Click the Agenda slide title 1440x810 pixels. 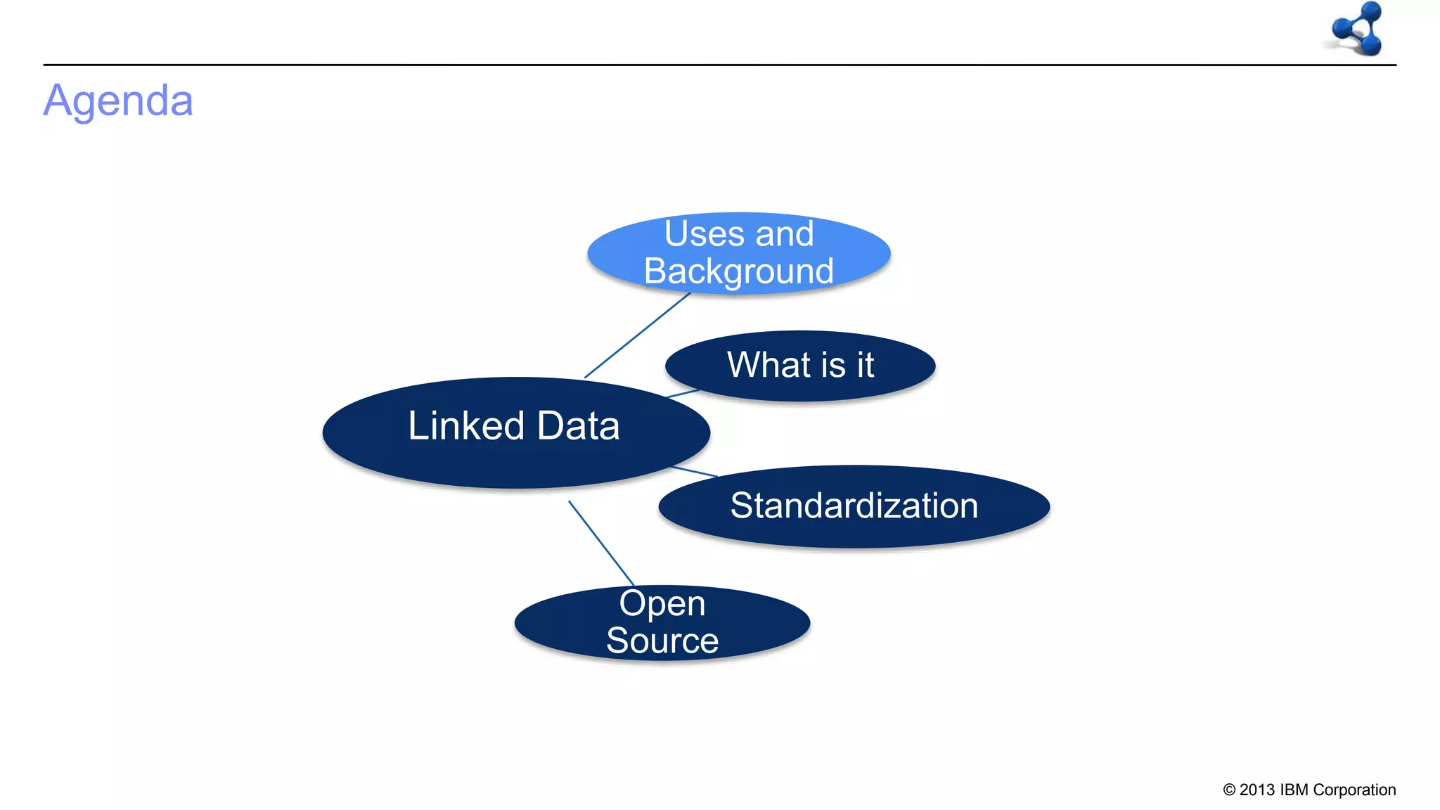coord(118,101)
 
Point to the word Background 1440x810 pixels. coord(738,271)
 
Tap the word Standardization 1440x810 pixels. coord(854,506)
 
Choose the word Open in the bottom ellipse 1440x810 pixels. coord(662,603)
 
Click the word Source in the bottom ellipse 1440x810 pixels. coord(662,641)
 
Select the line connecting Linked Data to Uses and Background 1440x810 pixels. coord(637,335)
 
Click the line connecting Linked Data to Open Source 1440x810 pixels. coord(601,543)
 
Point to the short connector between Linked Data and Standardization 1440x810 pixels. coord(695,471)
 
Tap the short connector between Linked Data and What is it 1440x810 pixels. coord(683,393)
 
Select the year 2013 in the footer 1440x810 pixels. coord(1257,790)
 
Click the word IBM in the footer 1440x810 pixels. coord(1294,790)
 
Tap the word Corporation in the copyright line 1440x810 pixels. coord(1354,790)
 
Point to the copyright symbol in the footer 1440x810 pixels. coord(1229,790)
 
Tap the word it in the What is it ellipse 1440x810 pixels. coord(865,365)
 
